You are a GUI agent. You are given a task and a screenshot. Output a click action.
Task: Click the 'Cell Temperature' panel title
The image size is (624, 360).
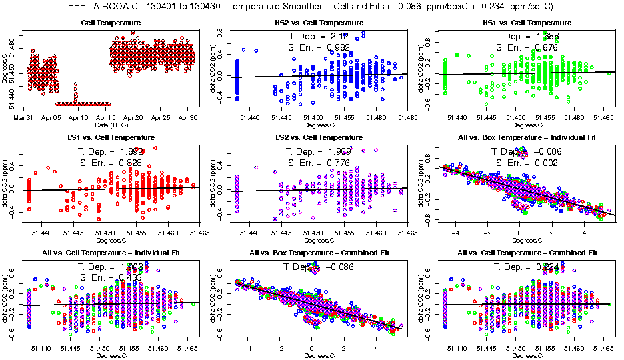click(x=111, y=23)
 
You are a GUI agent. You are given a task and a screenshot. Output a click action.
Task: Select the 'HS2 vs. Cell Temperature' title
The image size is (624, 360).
click(x=319, y=23)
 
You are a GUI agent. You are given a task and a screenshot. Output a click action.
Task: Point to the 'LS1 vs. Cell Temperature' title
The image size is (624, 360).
click(x=111, y=138)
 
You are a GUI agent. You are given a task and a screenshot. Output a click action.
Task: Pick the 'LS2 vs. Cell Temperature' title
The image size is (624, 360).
click(x=319, y=138)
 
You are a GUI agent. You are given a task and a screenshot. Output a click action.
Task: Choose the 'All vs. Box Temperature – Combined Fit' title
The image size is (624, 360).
click(x=319, y=253)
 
